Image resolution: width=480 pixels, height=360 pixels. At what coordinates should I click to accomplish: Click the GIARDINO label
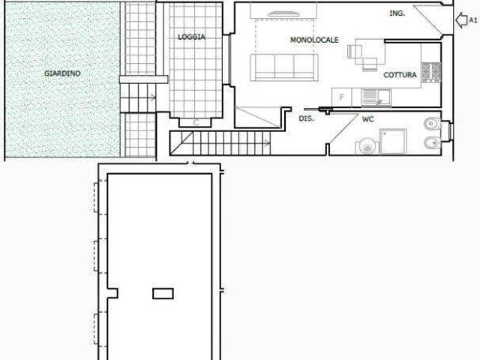(x=62, y=73)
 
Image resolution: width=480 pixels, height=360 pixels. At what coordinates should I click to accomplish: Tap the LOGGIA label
(x=192, y=37)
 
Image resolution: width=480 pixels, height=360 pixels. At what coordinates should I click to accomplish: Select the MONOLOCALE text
(x=314, y=40)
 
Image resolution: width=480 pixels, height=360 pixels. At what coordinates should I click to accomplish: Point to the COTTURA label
(x=400, y=75)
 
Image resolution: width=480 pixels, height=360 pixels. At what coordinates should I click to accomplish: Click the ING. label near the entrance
(x=397, y=13)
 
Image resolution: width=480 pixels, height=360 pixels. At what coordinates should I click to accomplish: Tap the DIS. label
(x=306, y=118)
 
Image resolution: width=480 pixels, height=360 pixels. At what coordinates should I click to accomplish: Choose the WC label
(x=368, y=119)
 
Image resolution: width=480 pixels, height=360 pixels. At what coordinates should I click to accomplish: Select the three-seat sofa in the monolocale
(x=284, y=67)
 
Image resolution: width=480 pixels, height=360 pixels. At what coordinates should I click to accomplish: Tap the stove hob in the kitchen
(x=431, y=73)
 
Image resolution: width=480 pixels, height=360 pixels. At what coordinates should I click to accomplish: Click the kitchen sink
(x=376, y=97)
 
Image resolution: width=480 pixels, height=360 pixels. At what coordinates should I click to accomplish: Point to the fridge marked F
(x=342, y=97)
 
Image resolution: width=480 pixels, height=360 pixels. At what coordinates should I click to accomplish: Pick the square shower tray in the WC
(x=393, y=142)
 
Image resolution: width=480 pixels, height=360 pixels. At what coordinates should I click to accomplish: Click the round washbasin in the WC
(x=366, y=147)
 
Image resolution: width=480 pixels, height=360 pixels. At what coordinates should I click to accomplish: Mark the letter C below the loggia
(x=196, y=123)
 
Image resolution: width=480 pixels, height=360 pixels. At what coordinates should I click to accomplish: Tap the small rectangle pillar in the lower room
(x=163, y=293)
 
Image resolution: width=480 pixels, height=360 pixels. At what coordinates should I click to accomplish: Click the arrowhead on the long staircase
(x=268, y=143)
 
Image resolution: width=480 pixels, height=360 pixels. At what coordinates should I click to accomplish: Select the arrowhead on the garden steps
(x=152, y=98)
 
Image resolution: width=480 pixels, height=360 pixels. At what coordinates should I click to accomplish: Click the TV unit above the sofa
(x=283, y=14)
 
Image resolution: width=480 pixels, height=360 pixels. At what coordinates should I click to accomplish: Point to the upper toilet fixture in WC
(x=432, y=124)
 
